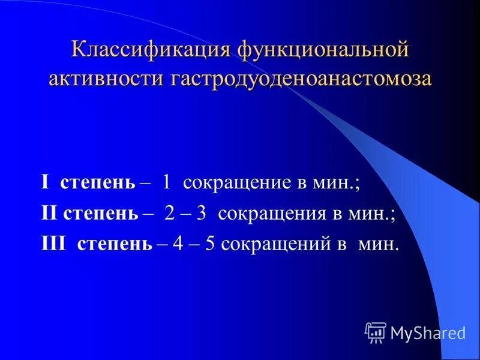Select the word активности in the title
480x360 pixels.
100,79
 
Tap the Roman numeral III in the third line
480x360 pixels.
54,245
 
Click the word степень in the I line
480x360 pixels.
98,183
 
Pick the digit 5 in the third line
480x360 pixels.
211,245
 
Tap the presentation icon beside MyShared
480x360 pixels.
376,332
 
